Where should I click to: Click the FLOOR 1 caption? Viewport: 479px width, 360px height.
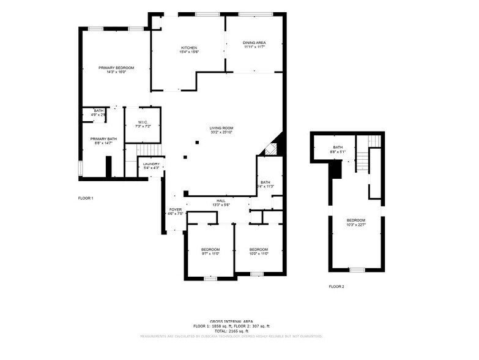tap(86, 198)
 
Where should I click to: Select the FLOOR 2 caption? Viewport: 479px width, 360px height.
tap(336, 287)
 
